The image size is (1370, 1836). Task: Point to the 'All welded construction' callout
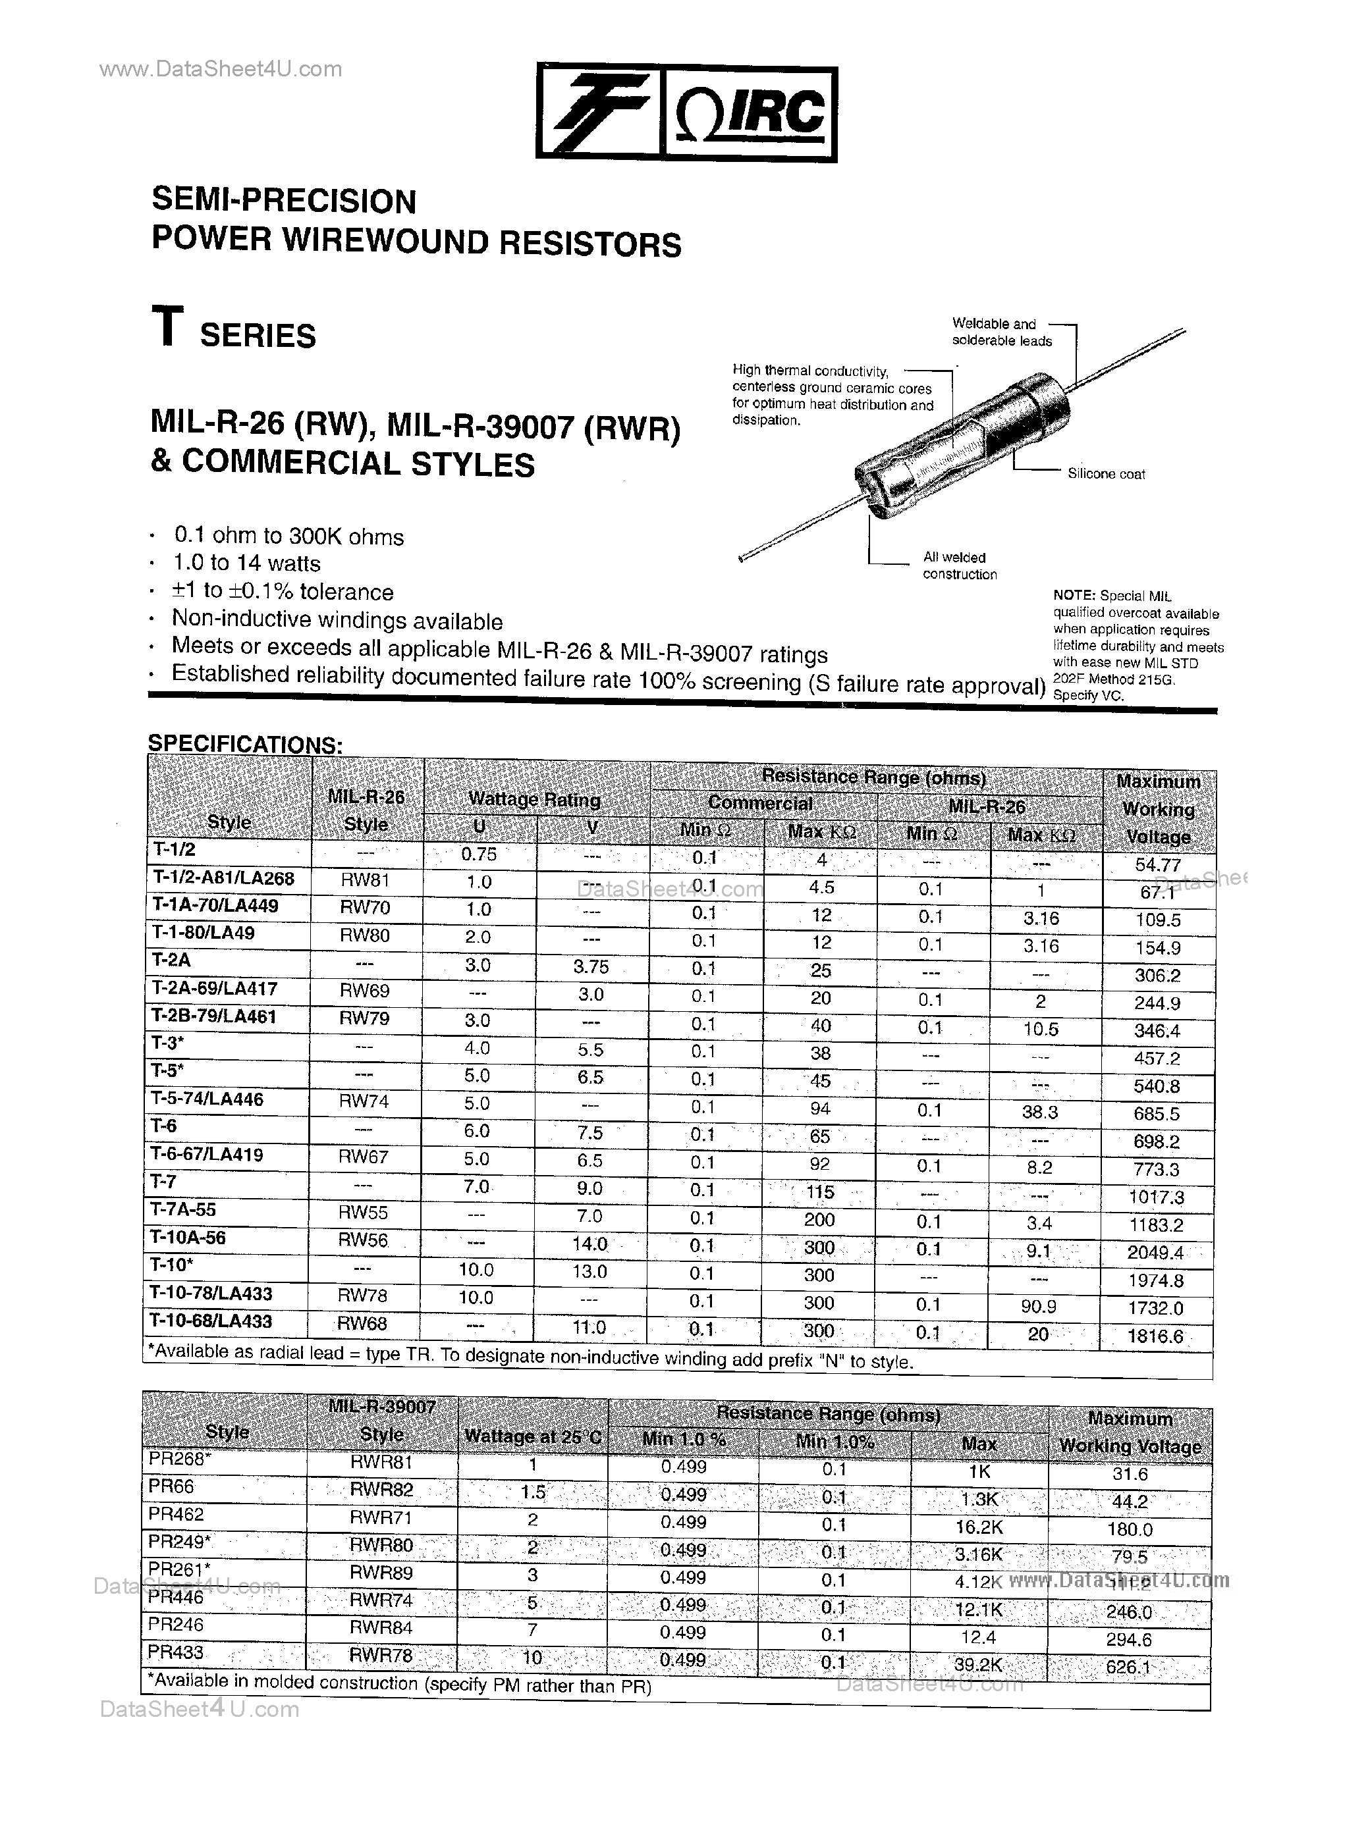point(960,566)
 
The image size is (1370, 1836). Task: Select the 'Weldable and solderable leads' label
point(1001,332)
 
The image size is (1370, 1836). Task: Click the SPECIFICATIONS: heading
point(244,743)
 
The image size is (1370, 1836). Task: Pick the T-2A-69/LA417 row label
point(215,989)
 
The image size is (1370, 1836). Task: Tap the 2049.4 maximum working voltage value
point(1155,1253)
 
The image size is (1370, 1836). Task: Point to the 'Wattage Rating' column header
point(534,799)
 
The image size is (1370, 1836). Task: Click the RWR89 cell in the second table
point(381,1573)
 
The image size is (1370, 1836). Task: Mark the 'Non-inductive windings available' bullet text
point(337,621)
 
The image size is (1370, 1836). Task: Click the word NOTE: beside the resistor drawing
point(1074,596)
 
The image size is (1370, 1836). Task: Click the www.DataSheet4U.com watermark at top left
point(221,69)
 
